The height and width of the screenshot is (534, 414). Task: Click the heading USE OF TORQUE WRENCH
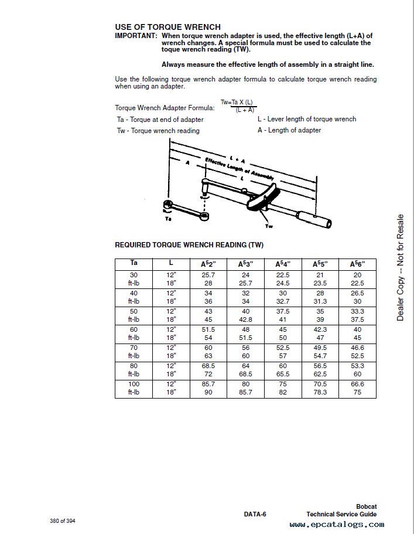[167, 27]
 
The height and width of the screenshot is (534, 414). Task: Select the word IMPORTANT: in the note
[136, 35]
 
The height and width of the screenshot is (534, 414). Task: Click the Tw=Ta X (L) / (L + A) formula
[237, 106]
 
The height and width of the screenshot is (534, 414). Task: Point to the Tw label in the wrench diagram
[269, 226]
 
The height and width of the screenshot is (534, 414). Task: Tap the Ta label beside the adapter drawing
[168, 217]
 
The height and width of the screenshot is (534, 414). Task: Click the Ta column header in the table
[134, 263]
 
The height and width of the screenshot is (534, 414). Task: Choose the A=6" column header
[357, 264]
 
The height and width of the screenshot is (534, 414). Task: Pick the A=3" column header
[245, 264]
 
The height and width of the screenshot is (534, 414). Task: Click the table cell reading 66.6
[357, 384]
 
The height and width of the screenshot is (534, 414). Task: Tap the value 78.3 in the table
[320, 392]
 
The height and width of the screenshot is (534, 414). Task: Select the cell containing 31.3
[320, 301]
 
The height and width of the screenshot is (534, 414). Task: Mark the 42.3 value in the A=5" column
[320, 329]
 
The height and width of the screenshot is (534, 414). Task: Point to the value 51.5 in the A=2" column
[208, 329]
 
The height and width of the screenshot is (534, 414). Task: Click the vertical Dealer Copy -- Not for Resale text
[401, 267]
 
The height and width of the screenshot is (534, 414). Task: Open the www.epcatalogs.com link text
[333, 525]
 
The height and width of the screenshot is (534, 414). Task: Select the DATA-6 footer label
[255, 514]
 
